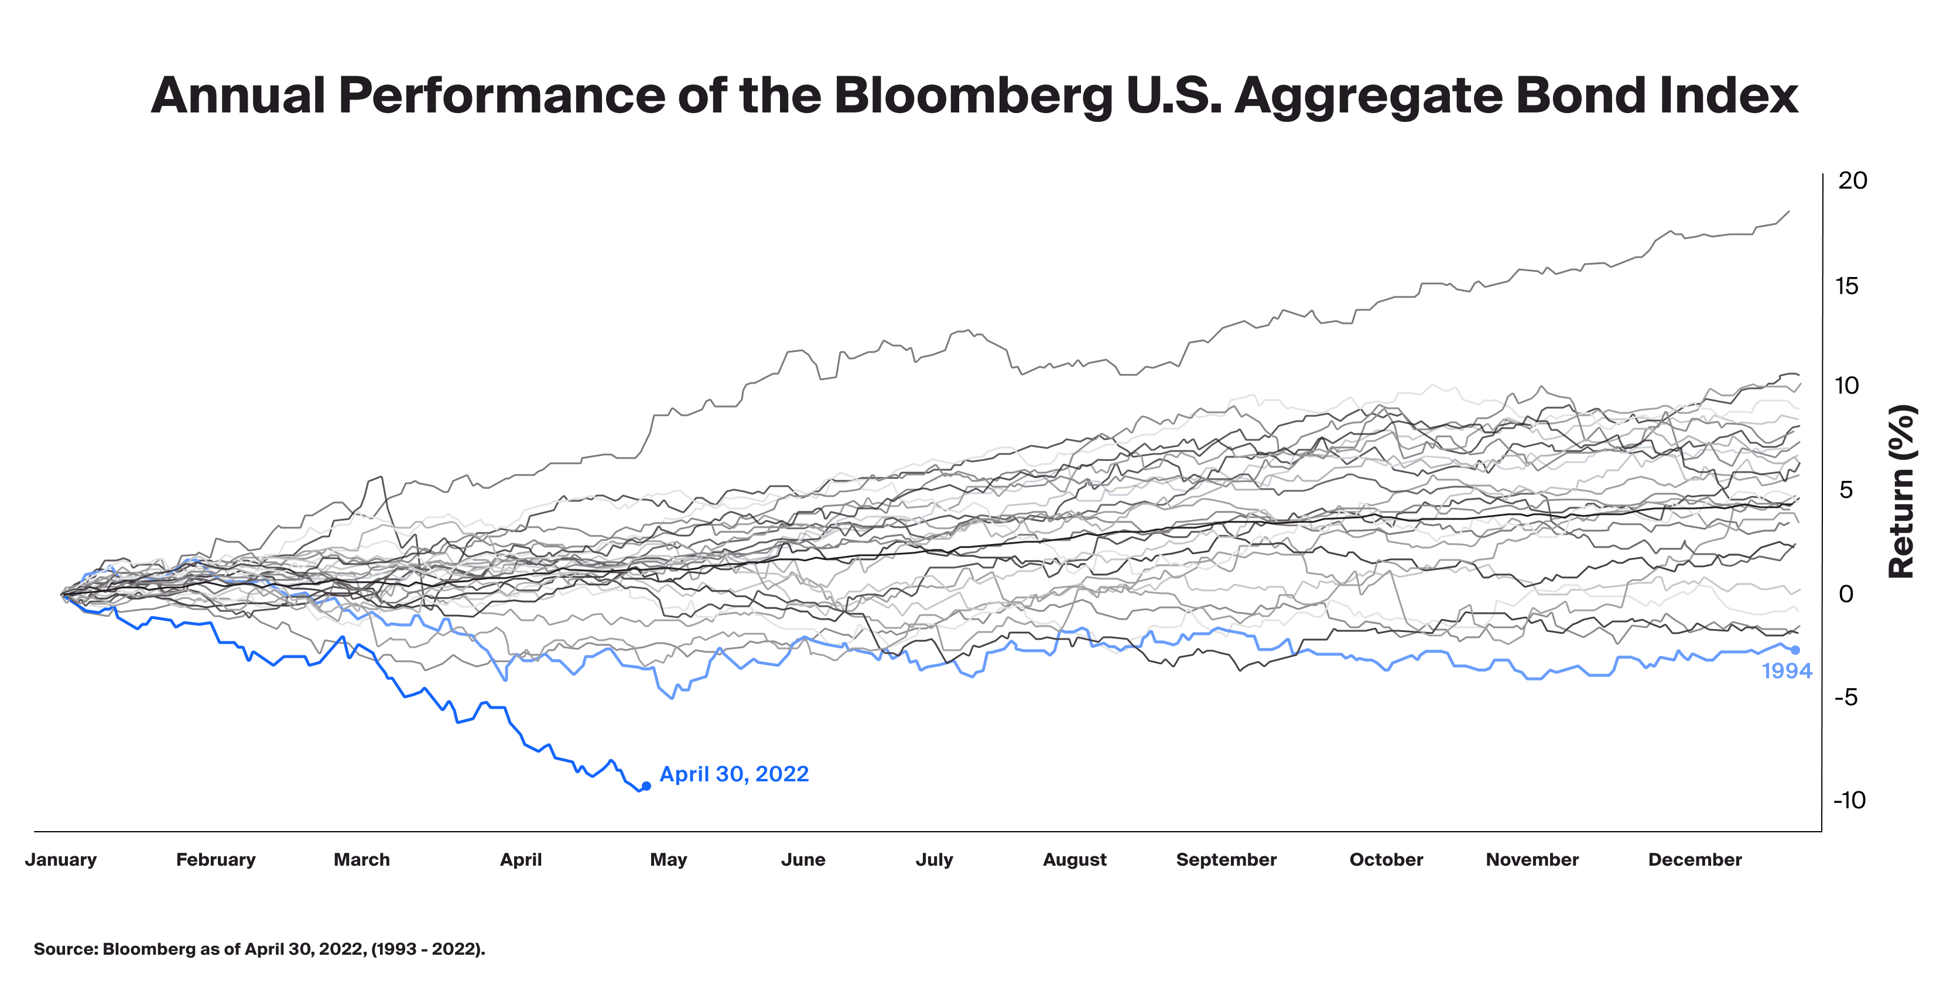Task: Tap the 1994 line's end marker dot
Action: point(1795,650)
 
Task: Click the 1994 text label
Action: point(1787,671)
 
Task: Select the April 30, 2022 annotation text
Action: point(734,774)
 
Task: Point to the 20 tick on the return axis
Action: point(1852,181)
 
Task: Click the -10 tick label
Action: point(1849,800)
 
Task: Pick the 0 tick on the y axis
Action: point(1846,594)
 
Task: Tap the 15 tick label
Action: point(1846,286)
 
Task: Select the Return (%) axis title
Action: point(1901,492)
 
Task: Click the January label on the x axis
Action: point(60,860)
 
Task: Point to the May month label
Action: point(668,860)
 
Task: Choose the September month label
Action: point(1226,860)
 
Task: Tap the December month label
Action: point(1695,860)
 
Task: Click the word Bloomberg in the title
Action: point(973,96)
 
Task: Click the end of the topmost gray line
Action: point(1790,211)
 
